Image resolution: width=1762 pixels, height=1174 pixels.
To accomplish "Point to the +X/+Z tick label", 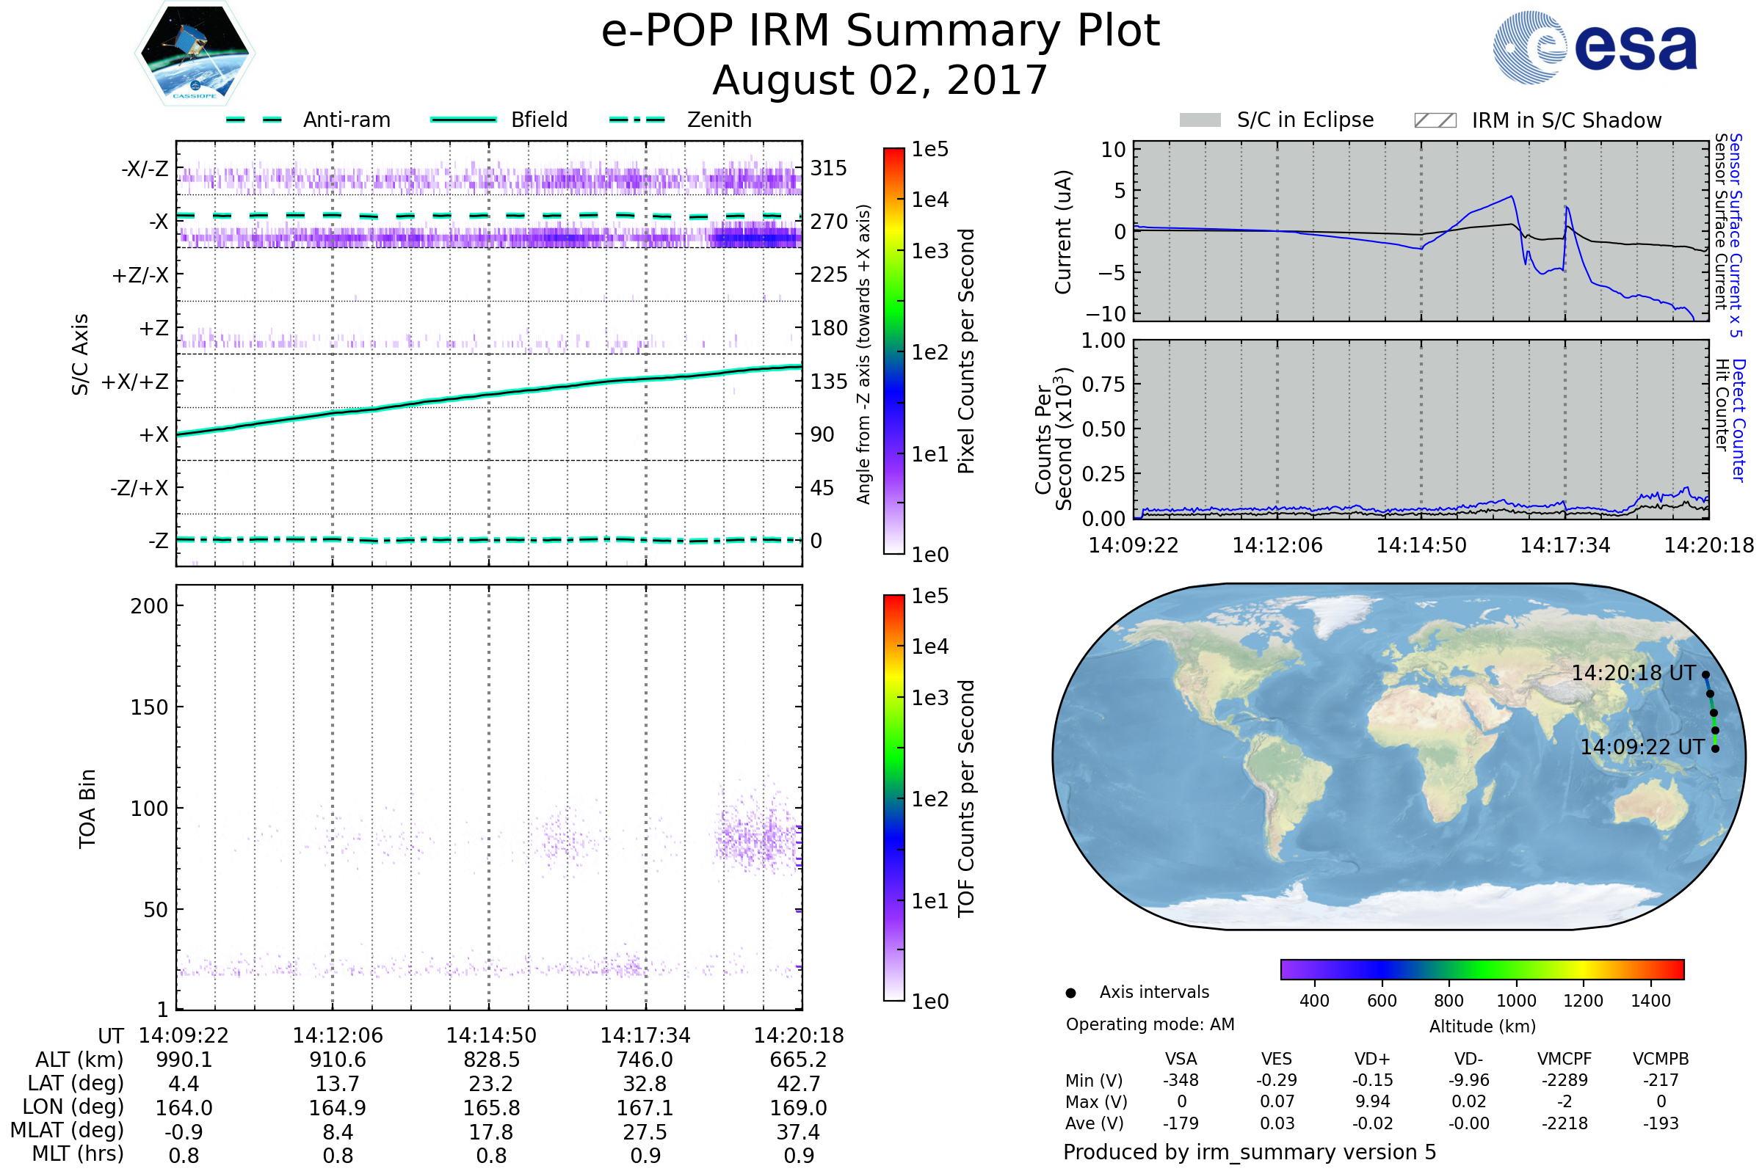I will (135, 382).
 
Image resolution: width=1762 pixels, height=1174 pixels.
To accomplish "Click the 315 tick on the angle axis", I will (828, 168).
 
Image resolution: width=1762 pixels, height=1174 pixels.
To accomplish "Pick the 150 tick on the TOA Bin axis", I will (149, 707).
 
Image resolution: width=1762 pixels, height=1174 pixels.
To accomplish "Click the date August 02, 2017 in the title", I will (880, 81).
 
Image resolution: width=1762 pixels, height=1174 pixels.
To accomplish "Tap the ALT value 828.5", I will (491, 1060).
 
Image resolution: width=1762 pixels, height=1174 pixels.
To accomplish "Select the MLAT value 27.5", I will (645, 1131).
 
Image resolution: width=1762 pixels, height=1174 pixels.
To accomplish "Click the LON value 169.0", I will (799, 1107).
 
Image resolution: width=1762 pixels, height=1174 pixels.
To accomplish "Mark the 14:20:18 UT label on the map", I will (1633, 673).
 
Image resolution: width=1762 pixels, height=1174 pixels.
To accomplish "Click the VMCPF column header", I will (1565, 1059).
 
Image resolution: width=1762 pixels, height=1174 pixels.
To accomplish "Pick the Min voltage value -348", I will (1181, 1080).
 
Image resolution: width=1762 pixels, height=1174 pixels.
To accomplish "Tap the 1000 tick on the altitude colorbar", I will (1515, 1001).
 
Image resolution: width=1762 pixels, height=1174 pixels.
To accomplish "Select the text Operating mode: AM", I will (1150, 1024).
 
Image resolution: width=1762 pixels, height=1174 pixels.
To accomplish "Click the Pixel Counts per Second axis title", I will (966, 351).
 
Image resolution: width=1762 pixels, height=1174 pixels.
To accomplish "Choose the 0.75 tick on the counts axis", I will (1103, 384).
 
